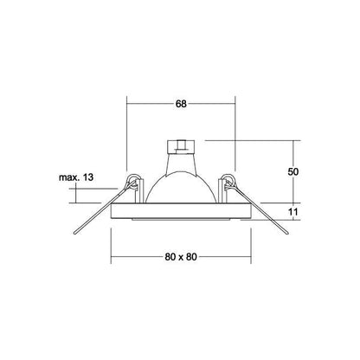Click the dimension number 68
(181, 104)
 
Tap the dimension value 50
(293, 171)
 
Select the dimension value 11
(293, 212)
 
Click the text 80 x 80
(181, 257)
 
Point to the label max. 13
(76, 177)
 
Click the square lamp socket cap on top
(181, 146)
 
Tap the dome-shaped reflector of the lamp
(181, 188)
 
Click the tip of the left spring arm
(75, 234)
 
